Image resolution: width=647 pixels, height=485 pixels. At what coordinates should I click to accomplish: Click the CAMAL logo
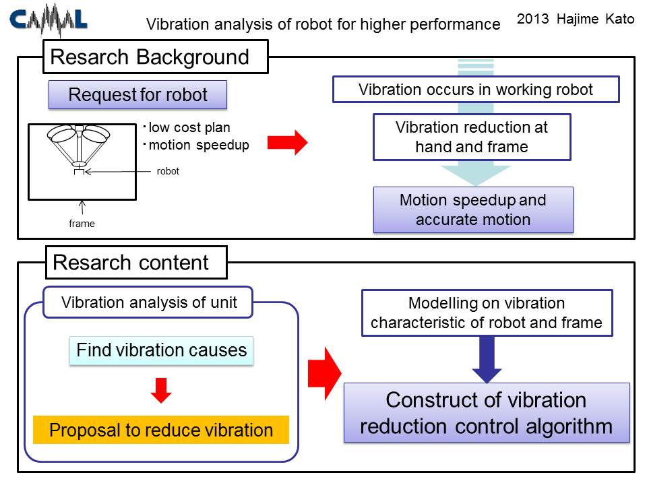pyautogui.click(x=49, y=20)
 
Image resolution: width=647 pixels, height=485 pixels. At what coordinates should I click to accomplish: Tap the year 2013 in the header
pyautogui.click(x=532, y=19)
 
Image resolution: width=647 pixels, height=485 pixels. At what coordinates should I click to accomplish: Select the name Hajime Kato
pyautogui.click(x=595, y=19)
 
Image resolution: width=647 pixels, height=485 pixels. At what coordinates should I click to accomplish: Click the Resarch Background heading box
pyautogui.click(x=156, y=57)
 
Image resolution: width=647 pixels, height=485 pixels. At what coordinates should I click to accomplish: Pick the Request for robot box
pyautogui.click(x=137, y=95)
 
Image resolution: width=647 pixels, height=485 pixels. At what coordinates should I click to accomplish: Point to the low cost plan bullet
pyautogui.click(x=187, y=127)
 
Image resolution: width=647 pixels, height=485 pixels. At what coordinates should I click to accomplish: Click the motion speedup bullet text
pyautogui.click(x=196, y=145)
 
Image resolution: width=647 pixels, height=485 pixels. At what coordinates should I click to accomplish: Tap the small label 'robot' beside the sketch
pyautogui.click(x=168, y=171)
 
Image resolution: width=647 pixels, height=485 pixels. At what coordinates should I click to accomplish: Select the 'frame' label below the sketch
pyautogui.click(x=82, y=224)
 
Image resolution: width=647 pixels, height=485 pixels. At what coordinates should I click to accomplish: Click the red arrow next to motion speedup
pyautogui.click(x=288, y=143)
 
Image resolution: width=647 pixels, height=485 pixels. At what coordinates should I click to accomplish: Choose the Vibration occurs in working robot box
pyautogui.click(x=476, y=90)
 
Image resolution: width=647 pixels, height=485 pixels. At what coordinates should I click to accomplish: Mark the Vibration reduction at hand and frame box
pyautogui.click(x=472, y=137)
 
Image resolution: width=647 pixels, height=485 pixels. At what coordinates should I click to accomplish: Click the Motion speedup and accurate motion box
pyautogui.click(x=473, y=210)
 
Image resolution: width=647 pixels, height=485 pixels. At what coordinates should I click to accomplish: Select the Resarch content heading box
pyautogui.click(x=136, y=263)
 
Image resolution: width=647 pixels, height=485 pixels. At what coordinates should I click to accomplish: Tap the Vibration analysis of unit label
pyautogui.click(x=148, y=302)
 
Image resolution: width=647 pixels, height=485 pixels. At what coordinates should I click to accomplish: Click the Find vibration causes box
pyautogui.click(x=161, y=350)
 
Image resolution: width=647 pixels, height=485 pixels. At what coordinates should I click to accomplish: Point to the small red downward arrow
pyautogui.click(x=161, y=390)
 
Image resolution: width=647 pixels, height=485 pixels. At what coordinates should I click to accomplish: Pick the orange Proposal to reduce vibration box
pyautogui.click(x=161, y=430)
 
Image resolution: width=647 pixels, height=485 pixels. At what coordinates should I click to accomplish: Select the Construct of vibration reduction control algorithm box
pyautogui.click(x=487, y=413)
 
